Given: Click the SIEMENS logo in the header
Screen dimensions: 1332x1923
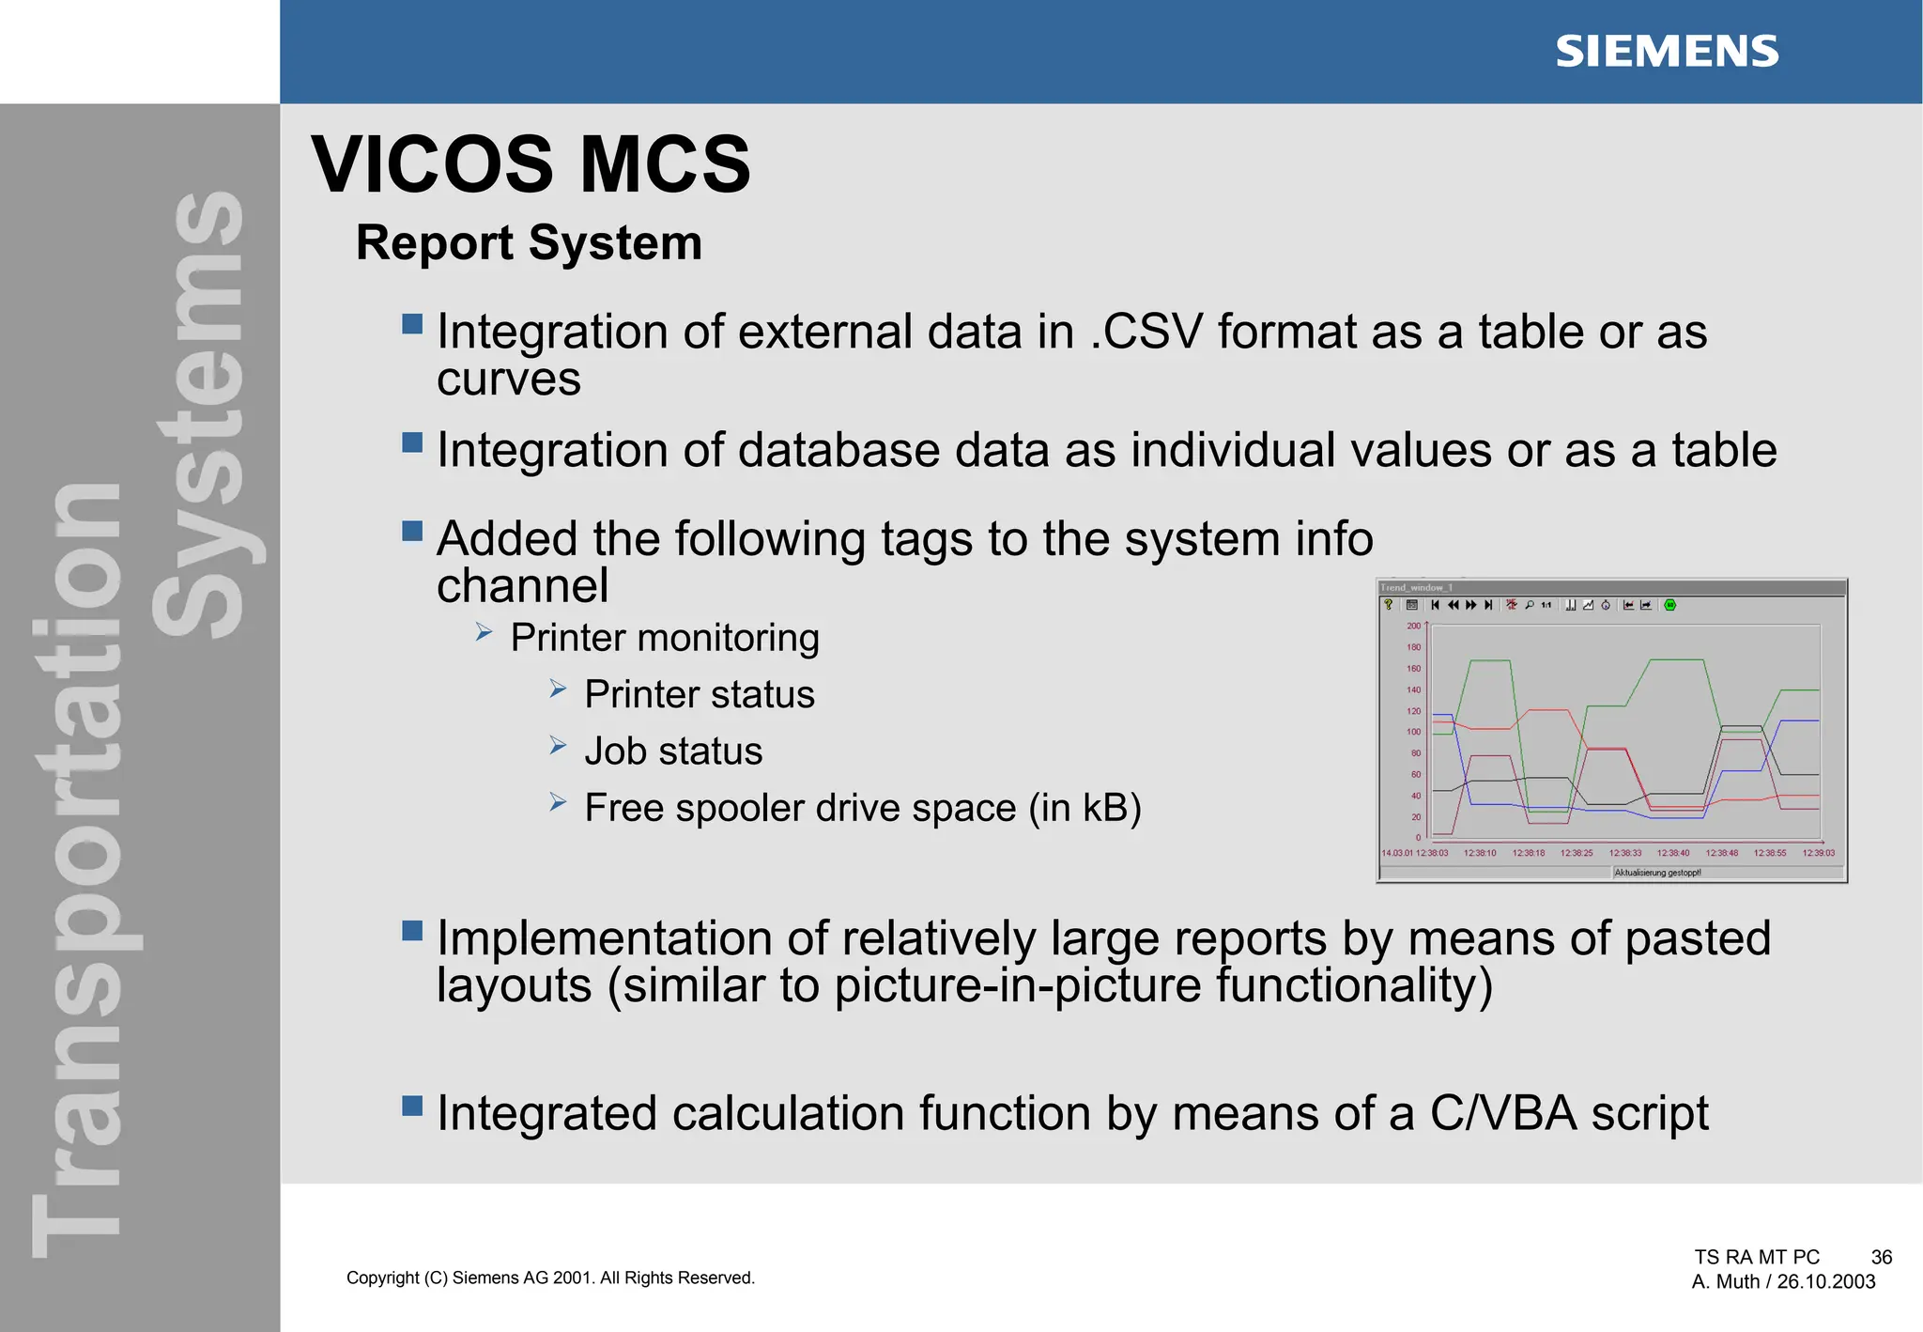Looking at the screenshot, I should [1667, 52].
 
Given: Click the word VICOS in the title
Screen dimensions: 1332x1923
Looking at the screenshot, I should [433, 165].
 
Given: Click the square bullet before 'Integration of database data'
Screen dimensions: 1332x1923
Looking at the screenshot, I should [411, 441].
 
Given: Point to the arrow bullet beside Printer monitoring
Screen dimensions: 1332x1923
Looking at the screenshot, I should [485, 632].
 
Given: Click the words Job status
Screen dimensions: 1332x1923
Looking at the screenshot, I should [673, 751].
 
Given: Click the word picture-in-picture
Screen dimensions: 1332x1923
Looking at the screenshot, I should [1017, 985].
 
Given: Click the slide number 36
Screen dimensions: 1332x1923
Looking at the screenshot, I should [1881, 1257].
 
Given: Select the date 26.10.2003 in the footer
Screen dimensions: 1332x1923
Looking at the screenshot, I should [1825, 1282].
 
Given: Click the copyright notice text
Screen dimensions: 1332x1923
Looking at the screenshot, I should [550, 1278].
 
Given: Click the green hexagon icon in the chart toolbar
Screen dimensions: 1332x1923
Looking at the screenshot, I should [1669, 605].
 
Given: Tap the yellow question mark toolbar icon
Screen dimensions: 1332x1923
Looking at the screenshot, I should [1389, 605].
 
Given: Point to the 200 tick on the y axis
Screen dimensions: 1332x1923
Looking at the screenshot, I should [1413, 626].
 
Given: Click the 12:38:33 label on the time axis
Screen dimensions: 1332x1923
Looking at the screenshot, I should [1625, 853].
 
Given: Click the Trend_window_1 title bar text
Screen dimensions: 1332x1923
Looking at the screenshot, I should [1416, 588].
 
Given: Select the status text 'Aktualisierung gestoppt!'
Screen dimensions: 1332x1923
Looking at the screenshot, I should [1657, 873].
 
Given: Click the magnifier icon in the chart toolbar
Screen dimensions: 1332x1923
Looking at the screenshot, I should [1530, 605].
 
